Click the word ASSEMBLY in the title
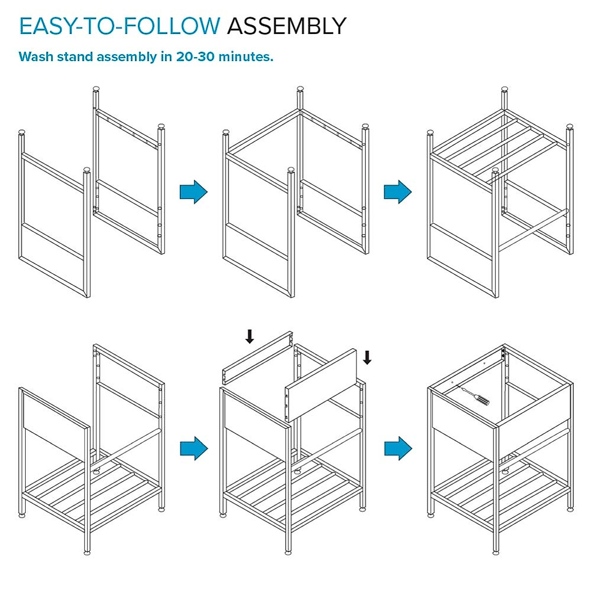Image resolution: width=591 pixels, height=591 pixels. coord(287,26)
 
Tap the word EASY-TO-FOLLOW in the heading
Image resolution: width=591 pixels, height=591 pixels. coord(120,26)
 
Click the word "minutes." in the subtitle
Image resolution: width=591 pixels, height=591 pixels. coord(246,57)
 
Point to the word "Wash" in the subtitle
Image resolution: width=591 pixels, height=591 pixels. coord(36,57)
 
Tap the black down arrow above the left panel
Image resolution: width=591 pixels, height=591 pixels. coord(250,337)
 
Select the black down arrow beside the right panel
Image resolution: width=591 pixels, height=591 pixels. coord(367,357)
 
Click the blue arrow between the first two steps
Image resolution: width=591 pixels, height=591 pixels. coord(194,192)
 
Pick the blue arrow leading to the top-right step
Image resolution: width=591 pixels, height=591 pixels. coord(397,192)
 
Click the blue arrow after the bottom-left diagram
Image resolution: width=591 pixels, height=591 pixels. coord(194,448)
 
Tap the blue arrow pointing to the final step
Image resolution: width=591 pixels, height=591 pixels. coord(397,448)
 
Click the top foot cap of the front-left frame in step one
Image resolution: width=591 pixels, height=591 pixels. coord(22,132)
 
